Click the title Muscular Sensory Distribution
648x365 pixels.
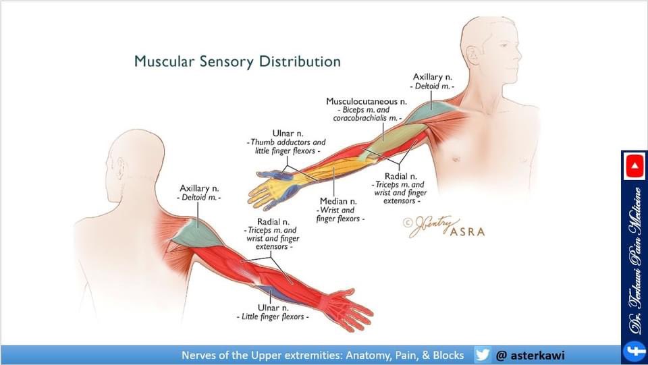[237, 61]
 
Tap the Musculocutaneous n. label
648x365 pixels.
[367, 101]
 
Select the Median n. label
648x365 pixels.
[338, 201]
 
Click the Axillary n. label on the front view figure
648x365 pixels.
[433, 78]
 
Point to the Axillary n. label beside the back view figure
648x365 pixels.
[199, 188]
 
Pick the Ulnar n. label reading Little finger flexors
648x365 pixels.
[272, 307]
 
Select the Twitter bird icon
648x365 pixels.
[482, 355]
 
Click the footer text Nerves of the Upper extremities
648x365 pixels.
[322, 355]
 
